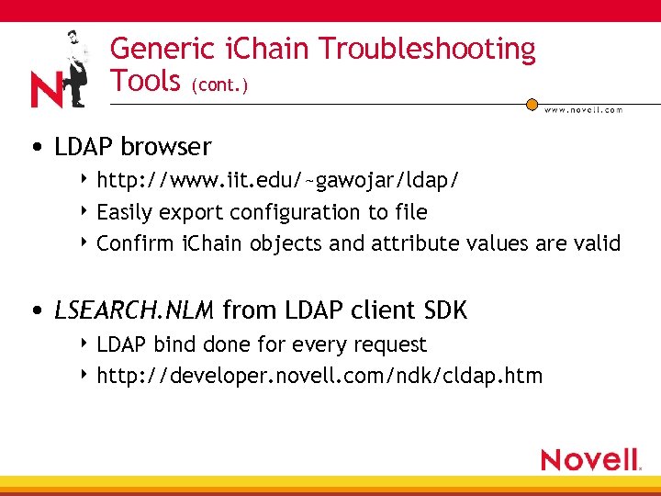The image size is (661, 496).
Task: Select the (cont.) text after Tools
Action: [x=219, y=85]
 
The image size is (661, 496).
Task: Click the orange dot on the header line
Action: [x=532, y=104]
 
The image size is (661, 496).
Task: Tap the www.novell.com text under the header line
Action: [x=583, y=110]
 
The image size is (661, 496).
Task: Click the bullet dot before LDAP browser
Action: [x=34, y=147]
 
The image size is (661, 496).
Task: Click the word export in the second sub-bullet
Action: [x=190, y=212]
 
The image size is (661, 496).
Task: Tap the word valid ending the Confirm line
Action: [x=598, y=243]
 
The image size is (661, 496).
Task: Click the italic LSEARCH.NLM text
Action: [x=134, y=310]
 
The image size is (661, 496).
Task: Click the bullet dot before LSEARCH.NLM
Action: [x=34, y=311]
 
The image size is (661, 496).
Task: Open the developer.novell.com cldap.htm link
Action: [x=319, y=376]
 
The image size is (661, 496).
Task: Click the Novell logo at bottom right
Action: [x=589, y=459]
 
